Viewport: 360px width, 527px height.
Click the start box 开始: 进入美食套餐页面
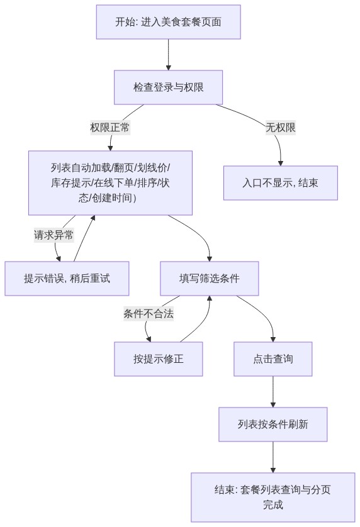(168, 22)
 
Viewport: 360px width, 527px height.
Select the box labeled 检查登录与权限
(168, 87)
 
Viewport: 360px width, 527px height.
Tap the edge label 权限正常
(110, 128)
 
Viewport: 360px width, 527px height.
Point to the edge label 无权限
(281, 128)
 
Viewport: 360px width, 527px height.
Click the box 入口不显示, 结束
(281, 183)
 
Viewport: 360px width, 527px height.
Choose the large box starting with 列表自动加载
(110, 183)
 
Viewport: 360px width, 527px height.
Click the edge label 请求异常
(54, 235)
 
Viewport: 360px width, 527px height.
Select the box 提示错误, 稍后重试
(67, 279)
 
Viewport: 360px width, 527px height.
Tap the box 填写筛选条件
(210, 279)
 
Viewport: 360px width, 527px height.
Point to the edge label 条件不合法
(149, 314)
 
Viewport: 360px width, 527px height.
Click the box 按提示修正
(159, 359)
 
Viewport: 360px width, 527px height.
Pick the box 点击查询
(273, 359)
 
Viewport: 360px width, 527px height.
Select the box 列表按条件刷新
(273, 424)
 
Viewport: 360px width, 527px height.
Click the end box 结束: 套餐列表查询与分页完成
(273, 497)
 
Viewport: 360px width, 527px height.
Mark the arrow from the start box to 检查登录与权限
(168, 55)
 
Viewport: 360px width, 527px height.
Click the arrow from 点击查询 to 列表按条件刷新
(273, 392)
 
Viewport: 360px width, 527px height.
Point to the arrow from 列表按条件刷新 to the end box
(273, 457)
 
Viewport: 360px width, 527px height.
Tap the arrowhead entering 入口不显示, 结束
(281, 164)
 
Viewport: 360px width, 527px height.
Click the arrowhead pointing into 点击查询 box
(273, 340)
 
